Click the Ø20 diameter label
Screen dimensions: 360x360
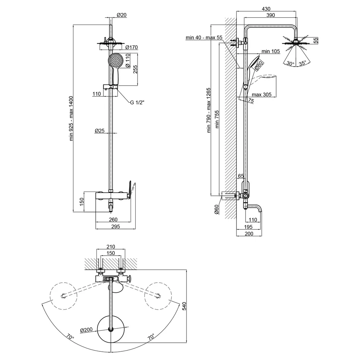[x=122, y=15]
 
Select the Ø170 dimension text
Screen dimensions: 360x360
[x=131, y=47]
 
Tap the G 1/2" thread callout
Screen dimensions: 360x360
[x=137, y=102]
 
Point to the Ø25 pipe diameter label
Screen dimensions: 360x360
[x=100, y=131]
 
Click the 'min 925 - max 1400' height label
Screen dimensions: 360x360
[x=71, y=118]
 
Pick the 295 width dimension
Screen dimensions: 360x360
[x=116, y=226]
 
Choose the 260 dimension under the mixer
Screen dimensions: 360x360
[x=113, y=220]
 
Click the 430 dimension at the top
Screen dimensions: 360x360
[x=266, y=9]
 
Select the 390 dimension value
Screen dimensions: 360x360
[x=270, y=15]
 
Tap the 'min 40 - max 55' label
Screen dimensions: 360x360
[x=204, y=37]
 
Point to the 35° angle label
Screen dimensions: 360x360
[x=303, y=63]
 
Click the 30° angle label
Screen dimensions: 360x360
[x=290, y=63]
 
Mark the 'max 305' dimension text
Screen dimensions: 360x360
[x=261, y=95]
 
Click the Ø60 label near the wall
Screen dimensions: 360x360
[x=216, y=210]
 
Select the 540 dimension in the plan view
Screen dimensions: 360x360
[x=184, y=306]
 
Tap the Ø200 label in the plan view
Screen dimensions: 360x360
[x=86, y=330]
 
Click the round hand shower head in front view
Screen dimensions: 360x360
[x=116, y=60]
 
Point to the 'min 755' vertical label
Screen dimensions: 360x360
[x=217, y=119]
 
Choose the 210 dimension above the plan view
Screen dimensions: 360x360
[x=111, y=247]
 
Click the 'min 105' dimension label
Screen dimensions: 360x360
[x=271, y=51]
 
